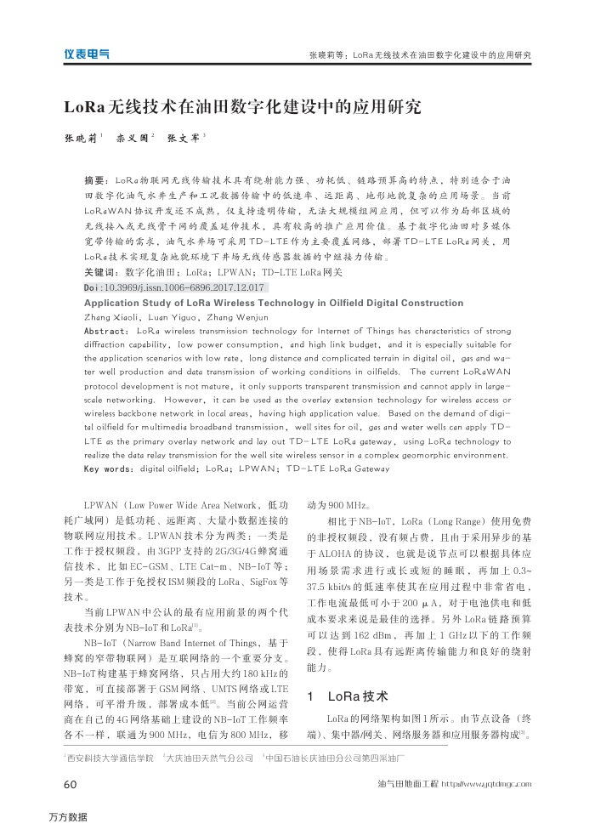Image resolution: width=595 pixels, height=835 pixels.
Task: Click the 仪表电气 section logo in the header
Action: pyautogui.click(x=86, y=54)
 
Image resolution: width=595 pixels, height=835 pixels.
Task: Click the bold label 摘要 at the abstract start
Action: pyautogui.click(x=95, y=181)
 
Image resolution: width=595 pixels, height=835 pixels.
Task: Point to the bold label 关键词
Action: pyautogui.click(x=99, y=273)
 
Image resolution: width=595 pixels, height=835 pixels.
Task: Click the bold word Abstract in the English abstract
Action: pyautogui.click(x=106, y=330)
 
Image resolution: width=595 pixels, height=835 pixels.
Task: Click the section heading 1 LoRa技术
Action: pyautogui.click(x=348, y=696)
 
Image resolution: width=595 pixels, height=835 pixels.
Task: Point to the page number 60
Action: pyautogui.click(x=71, y=783)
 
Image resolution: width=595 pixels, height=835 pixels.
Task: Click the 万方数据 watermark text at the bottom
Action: pyautogui.click(x=68, y=817)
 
